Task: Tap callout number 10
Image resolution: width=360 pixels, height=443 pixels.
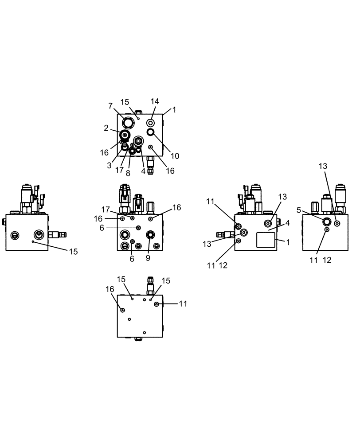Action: [175, 155]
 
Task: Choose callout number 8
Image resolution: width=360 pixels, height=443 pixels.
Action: [128, 173]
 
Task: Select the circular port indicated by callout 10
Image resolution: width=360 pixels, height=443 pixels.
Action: [151, 132]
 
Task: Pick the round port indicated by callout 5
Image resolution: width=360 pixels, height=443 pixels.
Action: [327, 221]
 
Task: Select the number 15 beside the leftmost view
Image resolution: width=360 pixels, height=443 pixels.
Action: [73, 251]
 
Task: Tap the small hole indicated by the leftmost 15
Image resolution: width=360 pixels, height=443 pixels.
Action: [32, 242]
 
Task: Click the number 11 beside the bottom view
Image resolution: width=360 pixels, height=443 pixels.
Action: [183, 303]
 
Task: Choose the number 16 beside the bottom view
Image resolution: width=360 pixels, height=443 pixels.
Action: [110, 289]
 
